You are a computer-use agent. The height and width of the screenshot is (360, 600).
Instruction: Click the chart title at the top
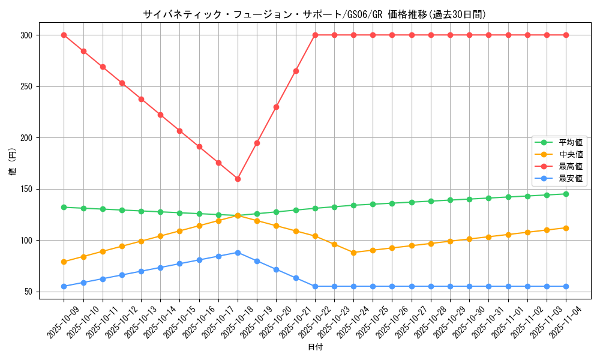point(314,14)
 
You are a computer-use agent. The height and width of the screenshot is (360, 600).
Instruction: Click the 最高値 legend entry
point(570,166)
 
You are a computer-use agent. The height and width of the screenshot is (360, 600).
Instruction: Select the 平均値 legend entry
point(570,142)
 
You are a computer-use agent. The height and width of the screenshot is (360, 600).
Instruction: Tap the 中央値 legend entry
point(570,154)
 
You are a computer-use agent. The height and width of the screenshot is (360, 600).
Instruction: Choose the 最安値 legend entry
point(570,178)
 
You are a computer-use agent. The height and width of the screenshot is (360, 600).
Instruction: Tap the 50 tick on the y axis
point(28,292)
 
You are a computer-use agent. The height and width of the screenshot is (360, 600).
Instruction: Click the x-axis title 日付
point(315,347)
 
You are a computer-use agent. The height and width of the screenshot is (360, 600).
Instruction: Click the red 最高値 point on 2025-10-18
point(238,179)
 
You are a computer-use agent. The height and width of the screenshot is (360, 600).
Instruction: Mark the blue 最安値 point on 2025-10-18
point(238,253)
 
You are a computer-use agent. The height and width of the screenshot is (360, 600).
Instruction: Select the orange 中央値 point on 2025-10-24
point(353,253)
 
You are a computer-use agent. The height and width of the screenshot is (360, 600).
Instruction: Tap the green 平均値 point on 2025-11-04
point(566,194)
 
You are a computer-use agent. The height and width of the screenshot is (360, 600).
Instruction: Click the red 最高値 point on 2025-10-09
point(64,35)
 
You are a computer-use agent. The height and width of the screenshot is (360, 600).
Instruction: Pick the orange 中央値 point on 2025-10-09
point(64,262)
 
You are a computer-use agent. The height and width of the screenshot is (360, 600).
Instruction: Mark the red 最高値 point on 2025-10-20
point(276,107)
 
